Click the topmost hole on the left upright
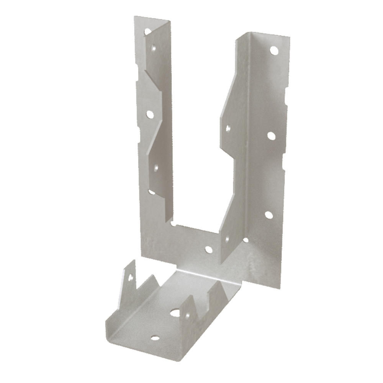pyautogui.click(x=147, y=31)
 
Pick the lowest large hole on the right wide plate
pyautogui.click(x=269, y=215)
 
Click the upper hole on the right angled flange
pyautogui.click(x=228, y=129)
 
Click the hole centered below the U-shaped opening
pyautogui.click(x=209, y=250)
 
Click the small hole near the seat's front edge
pyautogui.click(x=155, y=338)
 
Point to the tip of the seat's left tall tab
pyautogui.click(x=134, y=261)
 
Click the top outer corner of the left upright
pyautogui.click(x=135, y=17)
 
